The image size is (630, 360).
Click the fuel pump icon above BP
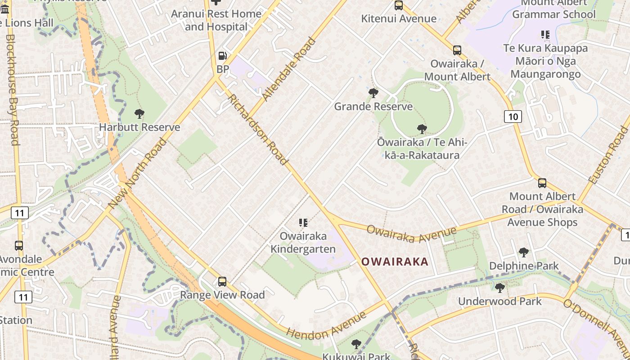point(222,56)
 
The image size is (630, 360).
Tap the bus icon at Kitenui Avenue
point(399,5)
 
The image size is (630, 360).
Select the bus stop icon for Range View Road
point(222,282)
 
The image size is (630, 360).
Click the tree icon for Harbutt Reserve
point(139,114)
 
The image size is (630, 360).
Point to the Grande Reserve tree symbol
point(373,93)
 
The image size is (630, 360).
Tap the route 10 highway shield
point(513,117)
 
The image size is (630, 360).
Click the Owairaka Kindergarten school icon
point(303,223)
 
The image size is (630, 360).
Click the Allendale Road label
point(289,69)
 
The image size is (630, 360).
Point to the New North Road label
point(137,173)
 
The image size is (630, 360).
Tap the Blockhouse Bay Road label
point(13,90)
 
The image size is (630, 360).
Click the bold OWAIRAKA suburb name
point(395,261)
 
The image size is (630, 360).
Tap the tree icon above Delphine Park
point(523,252)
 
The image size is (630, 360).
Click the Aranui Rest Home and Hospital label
point(216,20)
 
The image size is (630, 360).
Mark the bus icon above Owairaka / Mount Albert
point(457,50)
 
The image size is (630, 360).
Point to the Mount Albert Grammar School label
point(553,9)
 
